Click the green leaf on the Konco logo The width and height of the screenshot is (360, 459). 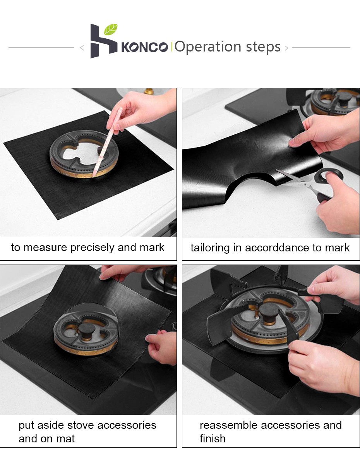111,29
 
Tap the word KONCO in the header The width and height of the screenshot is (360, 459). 144,47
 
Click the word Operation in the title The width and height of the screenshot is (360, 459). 208,47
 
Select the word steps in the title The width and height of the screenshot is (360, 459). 263,47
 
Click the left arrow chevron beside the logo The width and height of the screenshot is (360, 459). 82,48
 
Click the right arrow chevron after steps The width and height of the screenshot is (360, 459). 286,48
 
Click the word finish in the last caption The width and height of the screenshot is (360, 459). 213,438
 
